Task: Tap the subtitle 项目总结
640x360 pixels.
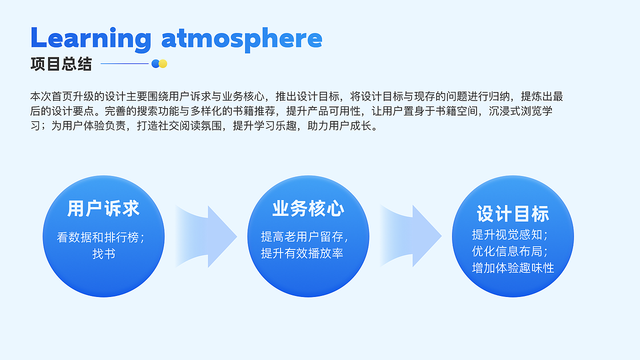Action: [x=61, y=64]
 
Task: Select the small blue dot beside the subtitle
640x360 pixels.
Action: [x=155, y=63]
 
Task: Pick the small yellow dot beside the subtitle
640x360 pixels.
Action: [x=162, y=63]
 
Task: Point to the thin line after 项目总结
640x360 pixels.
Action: [x=124, y=63]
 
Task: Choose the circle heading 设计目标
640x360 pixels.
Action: [x=512, y=214]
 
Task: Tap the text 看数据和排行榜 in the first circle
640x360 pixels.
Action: [x=100, y=237]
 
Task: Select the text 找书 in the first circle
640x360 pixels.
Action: [x=103, y=253]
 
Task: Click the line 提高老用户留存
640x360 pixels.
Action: [x=303, y=236]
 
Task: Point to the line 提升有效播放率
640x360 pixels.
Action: [x=302, y=253]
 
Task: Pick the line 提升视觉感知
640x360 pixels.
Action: [x=509, y=234]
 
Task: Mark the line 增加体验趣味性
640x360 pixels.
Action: [x=513, y=268]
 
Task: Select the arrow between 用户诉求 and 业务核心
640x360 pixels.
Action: [x=210, y=236]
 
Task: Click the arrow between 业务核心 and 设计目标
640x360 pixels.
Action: [x=414, y=236]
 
